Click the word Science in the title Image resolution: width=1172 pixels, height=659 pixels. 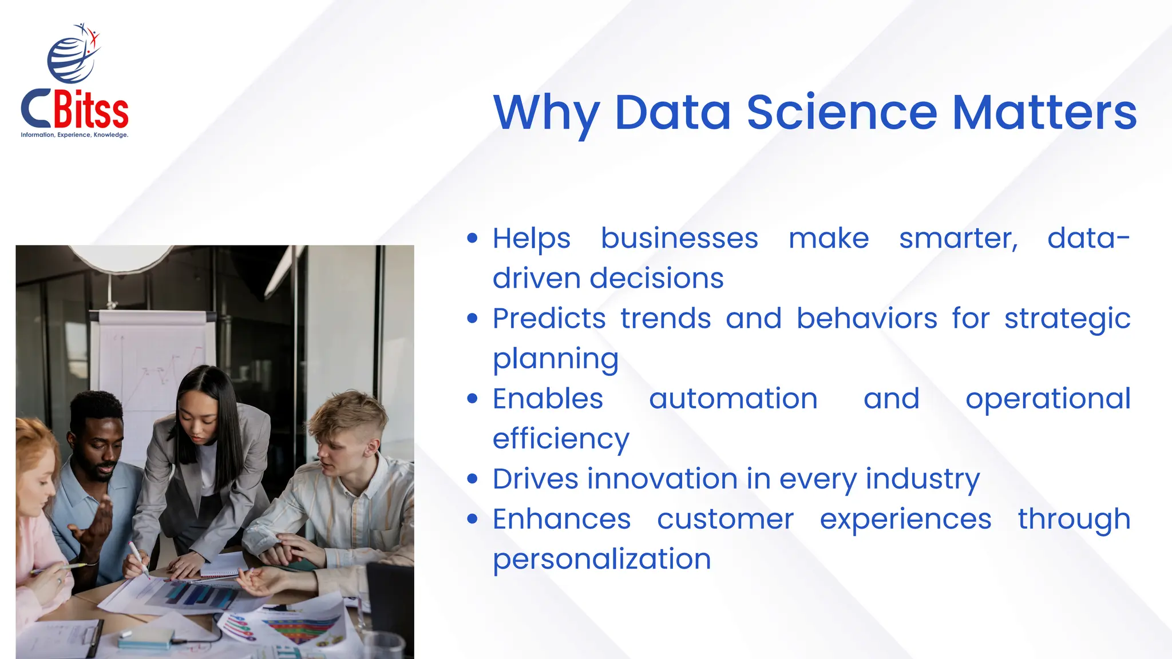pyautogui.click(x=842, y=112)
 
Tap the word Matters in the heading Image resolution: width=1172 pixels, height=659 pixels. pyautogui.click(x=1044, y=112)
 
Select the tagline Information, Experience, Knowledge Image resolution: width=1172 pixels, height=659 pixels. pyautogui.click(x=74, y=135)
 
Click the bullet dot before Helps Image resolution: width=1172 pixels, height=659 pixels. pyautogui.click(x=472, y=239)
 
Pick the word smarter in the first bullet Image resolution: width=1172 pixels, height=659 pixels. pyautogui.click(x=958, y=239)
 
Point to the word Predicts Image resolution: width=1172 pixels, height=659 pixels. pyautogui.click(x=549, y=319)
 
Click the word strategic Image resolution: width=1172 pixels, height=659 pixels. pyautogui.click(x=1067, y=319)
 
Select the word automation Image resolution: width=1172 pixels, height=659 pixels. pyautogui.click(x=733, y=399)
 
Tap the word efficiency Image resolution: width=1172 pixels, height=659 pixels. pyautogui.click(x=561, y=439)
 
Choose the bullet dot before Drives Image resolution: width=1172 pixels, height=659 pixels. pyautogui.click(x=472, y=479)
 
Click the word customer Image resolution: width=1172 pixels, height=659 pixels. pyautogui.click(x=725, y=519)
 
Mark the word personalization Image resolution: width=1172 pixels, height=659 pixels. pyautogui.click(x=602, y=559)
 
